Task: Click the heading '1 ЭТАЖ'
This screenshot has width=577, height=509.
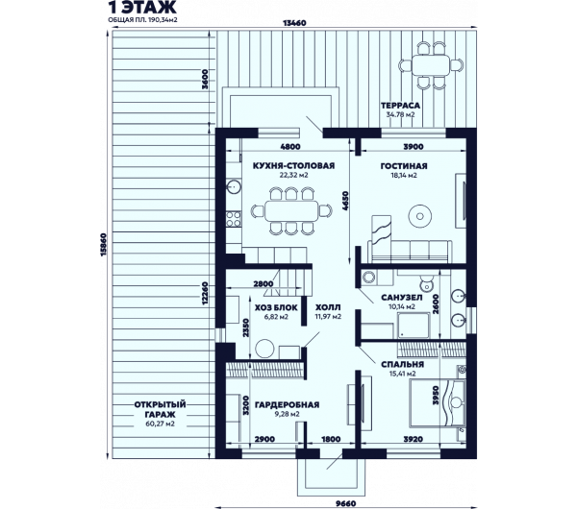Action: [x=142, y=7]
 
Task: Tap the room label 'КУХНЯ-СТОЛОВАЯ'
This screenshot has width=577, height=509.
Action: [x=293, y=166]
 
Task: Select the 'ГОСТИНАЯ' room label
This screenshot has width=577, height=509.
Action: [x=404, y=166]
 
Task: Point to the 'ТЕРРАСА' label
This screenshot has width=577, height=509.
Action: [x=400, y=106]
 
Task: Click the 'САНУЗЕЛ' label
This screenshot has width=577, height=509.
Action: [x=402, y=297]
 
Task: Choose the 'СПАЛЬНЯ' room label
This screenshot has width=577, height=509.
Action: [x=403, y=364]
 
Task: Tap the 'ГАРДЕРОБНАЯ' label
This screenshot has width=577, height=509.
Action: [x=287, y=405]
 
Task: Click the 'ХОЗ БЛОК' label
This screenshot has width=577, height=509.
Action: [x=276, y=307]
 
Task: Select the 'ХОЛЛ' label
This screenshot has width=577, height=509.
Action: [x=328, y=307]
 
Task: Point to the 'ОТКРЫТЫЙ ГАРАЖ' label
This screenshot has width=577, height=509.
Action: [x=160, y=409]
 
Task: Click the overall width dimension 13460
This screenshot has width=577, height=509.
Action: [x=294, y=23]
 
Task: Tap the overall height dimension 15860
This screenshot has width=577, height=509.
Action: [x=103, y=245]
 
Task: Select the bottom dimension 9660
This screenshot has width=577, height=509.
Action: [x=346, y=503]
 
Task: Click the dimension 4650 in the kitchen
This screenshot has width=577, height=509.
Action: [x=345, y=201]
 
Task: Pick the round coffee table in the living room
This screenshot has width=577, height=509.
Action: [x=420, y=216]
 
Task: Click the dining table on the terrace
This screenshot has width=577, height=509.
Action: [x=431, y=65]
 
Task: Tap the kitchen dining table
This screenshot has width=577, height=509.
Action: [x=291, y=210]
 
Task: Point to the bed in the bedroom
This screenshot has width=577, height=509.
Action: [x=438, y=402]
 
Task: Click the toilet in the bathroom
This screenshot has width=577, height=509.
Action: [x=426, y=282]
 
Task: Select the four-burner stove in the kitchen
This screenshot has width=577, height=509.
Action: [x=234, y=219]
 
